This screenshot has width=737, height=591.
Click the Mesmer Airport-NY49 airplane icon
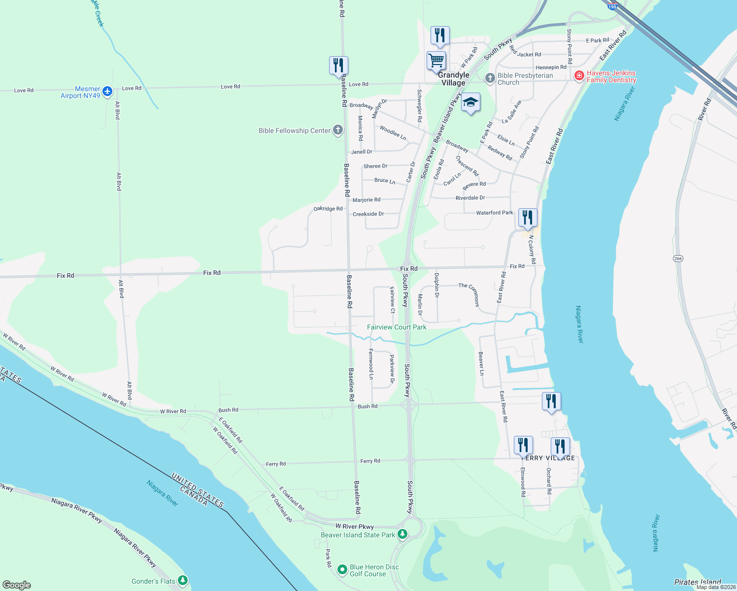click(x=107, y=92)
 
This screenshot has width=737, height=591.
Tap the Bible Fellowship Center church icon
click(x=337, y=130)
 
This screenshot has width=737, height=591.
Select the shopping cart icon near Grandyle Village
click(x=436, y=61)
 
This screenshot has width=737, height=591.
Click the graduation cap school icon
click(x=470, y=102)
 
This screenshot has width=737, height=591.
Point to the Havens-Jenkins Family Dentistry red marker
click(x=579, y=76)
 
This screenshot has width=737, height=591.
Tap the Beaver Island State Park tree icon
click(x=402, y=534)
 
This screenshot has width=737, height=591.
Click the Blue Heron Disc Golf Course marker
click(x=342, y=569)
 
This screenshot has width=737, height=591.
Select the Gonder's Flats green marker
click(x=183, y=581)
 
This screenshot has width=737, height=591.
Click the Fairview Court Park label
click(x=397, y=327)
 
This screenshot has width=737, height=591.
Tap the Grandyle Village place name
click(x=453, y=79)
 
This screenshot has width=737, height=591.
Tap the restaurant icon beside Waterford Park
click(x=528, y=217)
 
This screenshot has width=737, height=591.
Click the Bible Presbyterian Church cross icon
click(x=490, y=78)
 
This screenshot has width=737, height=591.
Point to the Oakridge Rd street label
click(x=328, y=209)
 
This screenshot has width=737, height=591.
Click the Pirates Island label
click(x=698, y=582)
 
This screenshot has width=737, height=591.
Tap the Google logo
click(x=17, y=585)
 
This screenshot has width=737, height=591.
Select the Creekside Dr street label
click(x=368, y=214)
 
